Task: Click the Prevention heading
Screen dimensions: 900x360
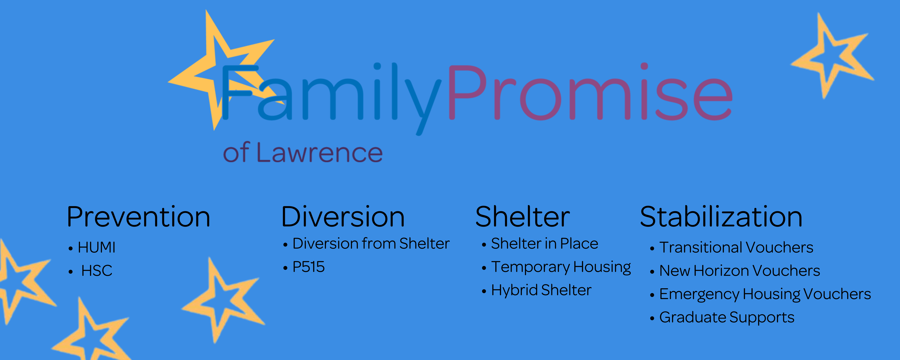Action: tap(138, 217)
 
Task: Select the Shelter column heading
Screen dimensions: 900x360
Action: tap(523, 217)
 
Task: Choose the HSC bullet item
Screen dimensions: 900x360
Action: tap(97, 270)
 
